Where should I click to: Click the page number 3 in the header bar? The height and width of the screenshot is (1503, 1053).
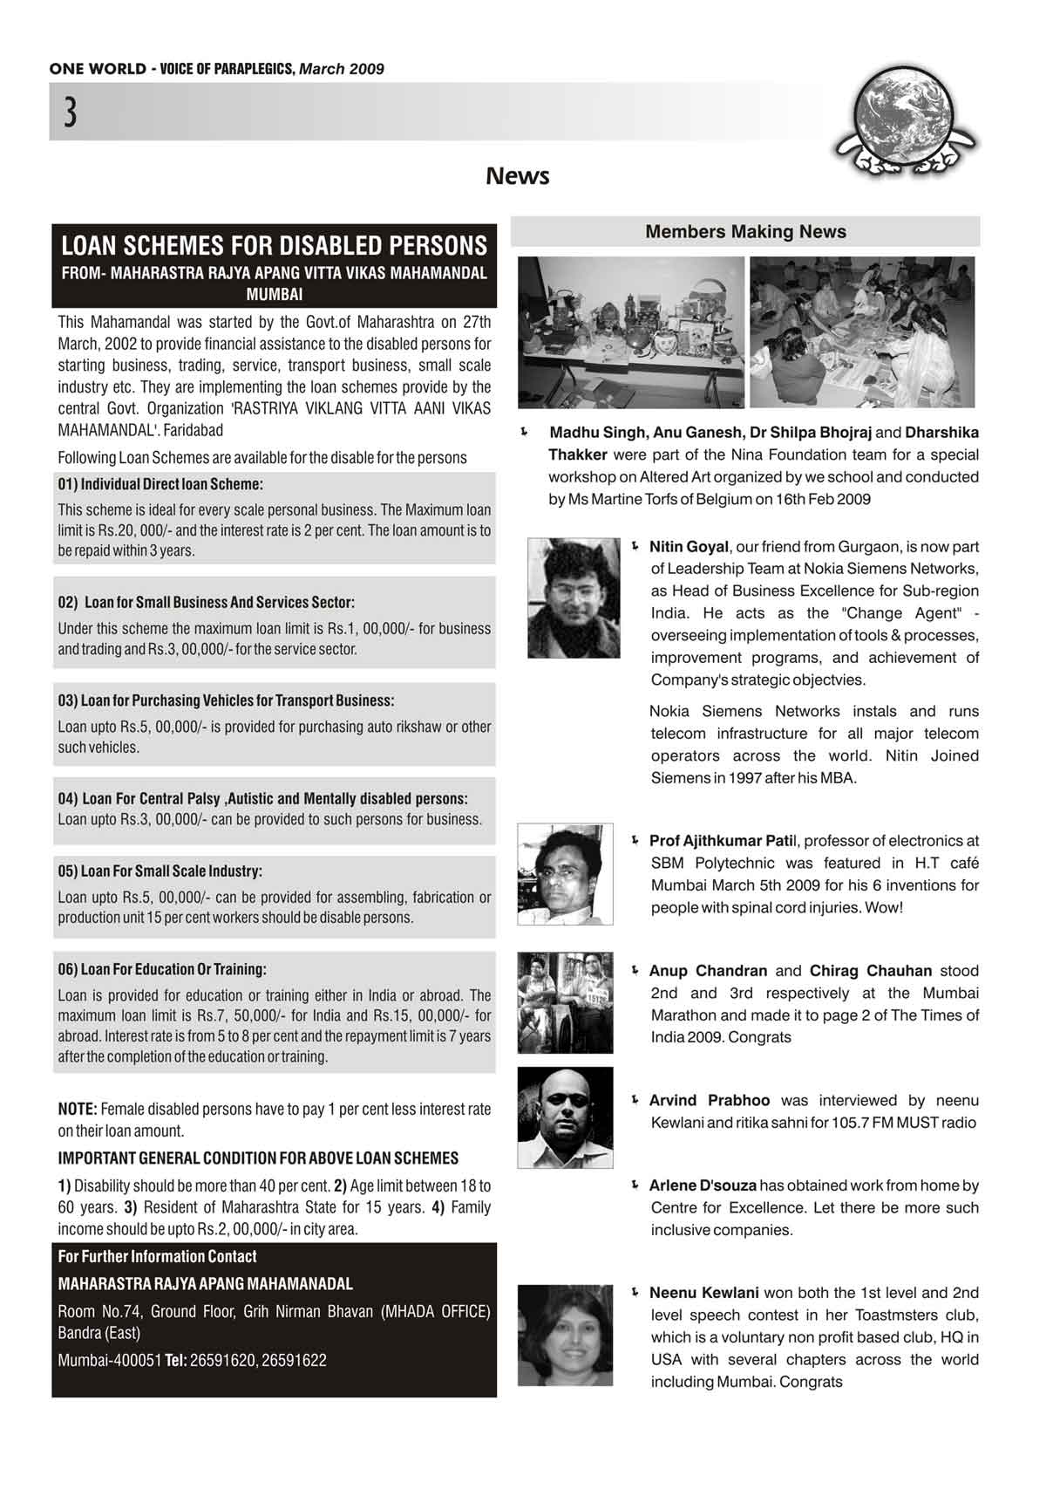70,113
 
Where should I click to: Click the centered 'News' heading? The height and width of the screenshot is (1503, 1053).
518,176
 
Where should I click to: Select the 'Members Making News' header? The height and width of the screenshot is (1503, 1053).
745,232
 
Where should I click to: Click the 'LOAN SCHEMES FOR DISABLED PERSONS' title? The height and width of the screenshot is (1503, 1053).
274,245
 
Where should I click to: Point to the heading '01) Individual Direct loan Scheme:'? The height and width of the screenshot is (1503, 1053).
160,484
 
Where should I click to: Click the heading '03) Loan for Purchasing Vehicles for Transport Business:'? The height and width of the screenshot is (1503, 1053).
226,700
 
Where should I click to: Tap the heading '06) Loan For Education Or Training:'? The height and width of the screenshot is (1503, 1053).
162,969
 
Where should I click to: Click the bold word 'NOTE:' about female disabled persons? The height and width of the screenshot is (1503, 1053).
78,1110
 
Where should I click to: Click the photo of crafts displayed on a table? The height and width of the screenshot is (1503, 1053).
631,332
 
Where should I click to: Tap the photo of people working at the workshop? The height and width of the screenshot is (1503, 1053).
862,332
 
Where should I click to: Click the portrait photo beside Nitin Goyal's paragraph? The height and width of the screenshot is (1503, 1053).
574,598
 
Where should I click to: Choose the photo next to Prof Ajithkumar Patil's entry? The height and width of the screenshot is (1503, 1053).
565,874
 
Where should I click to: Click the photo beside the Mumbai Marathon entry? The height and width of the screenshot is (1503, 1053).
565,1003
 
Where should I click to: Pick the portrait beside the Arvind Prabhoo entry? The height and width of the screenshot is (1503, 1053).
565,1117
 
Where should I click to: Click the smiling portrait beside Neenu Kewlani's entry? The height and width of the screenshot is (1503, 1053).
565,1336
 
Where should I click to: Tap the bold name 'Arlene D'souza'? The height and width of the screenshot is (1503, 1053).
703,1185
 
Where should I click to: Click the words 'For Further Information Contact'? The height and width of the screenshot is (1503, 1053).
157,1257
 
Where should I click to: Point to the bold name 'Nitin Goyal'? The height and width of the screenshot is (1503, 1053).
689,547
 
